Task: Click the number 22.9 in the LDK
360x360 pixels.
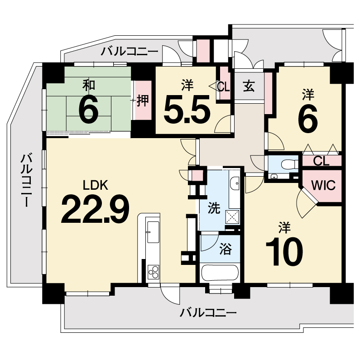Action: [x=95, y=209]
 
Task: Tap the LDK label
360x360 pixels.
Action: [x=95, y=185]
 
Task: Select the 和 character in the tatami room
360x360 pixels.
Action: [x=89, y=85]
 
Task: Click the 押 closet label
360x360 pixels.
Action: [x=143, y=101]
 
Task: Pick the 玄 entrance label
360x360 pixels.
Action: [x=249, y=86]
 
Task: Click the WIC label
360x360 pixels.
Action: [x=323, y=185]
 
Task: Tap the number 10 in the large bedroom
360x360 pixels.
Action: [x=284, y=252]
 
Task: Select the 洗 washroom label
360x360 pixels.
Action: [x=214, y=208]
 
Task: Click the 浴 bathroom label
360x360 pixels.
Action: [x=226, y=249]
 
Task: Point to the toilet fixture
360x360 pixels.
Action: [x=289, y=164]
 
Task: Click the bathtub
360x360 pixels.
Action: [x=220, y=273]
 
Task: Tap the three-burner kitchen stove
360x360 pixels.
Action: [x=154, y=272]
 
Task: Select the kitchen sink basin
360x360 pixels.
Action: [x=153, y=232]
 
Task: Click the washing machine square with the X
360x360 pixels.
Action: [x=232, y=217]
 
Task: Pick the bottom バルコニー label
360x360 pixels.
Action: [x=208, y=313]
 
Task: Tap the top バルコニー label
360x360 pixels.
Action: [x=130, y=52]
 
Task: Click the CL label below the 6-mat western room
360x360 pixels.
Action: [x=322, y=161]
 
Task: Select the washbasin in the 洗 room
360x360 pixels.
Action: [x=235, y=184]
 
